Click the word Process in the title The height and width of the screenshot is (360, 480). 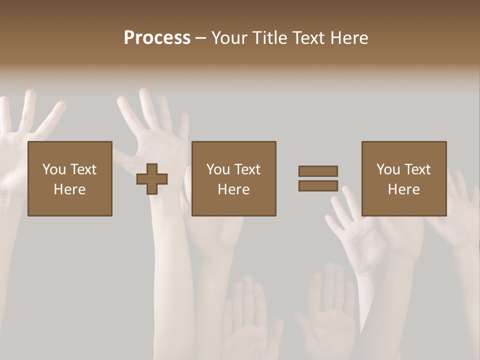click(157, 38)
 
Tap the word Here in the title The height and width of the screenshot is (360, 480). click(350, 38)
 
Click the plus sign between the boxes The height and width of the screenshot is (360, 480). click(152, 179)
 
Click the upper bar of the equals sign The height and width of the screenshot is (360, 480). click(318, 171)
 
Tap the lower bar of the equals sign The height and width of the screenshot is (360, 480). click(318, 186)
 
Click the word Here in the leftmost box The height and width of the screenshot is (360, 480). click(70, 189)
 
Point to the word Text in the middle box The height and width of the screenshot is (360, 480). click(247, 169)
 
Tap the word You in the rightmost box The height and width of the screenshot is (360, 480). click(388, 169)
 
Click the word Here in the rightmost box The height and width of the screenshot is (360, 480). click(404, 189)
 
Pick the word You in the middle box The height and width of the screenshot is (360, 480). click(218, 169)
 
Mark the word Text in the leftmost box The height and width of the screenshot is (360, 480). click(83, 169)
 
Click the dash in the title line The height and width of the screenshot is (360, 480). click(201, 38)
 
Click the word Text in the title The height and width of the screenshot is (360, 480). click(308, 38)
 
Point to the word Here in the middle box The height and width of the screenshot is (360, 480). click(234, 189)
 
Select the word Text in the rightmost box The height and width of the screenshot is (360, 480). click(417, 169)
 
